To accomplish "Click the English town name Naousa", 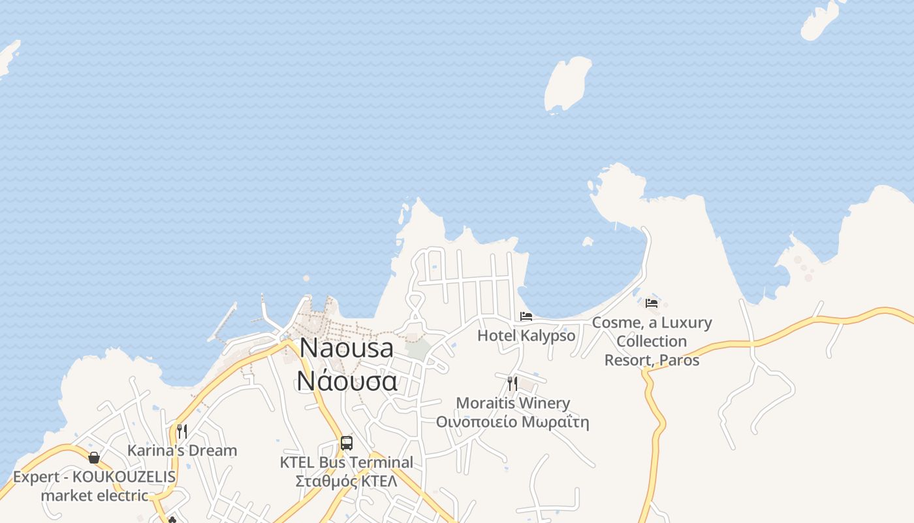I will [x=347, y=348].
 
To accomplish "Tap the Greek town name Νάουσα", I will [x=347, y=380].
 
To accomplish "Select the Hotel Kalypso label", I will [x=526, y=336].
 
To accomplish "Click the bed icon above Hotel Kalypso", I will [x=526, y=317].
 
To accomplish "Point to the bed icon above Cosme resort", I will [x=652, y=303].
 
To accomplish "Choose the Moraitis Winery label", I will [x=512, y=403].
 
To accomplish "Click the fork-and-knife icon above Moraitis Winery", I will [x=512, y=384].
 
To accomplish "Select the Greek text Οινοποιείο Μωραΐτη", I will [x=512, y=422].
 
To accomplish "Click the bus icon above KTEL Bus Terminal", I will [x=347, y=443].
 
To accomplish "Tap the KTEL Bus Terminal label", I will [x=347, y=463].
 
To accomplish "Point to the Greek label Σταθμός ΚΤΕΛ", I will [x=347, y=482].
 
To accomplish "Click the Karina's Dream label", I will [x=182, y=450].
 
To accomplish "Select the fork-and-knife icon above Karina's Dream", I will [x=182, y=431].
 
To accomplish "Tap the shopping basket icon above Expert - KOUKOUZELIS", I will [x=94, y=458].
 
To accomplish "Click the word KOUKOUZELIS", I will [x=124, y=477].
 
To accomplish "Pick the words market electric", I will [x=94, y=496].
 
